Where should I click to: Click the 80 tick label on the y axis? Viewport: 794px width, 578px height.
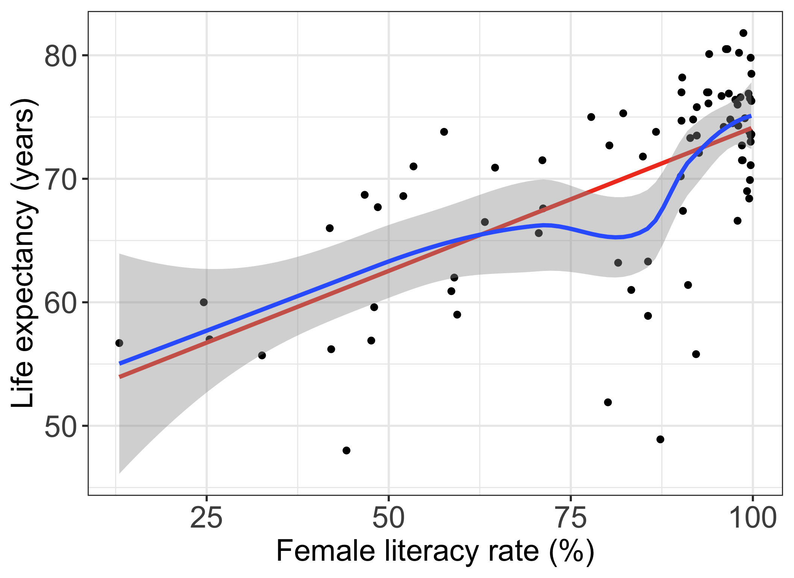click(x=61, y=56)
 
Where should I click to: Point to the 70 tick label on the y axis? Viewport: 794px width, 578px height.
click(x=61, y=179)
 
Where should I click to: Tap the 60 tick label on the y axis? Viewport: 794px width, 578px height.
click(x=61, y=303)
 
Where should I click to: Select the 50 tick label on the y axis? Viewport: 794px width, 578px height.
click(x=61, y=426)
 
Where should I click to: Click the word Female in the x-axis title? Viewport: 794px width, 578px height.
click(x=326, y=551)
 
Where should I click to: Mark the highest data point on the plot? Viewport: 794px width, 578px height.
click(x=743, y=33)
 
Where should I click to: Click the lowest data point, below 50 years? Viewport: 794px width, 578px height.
click(x=347, y=450)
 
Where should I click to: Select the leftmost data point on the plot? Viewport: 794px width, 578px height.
click(x=119, y=343)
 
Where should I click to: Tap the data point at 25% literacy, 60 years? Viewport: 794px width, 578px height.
click(x=204, y=302)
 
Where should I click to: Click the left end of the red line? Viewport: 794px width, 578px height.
click(x=120, y=377)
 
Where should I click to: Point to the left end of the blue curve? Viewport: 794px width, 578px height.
click(x=120, y=364)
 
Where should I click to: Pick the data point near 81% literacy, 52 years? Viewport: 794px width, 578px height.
click(x=608, y=402)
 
